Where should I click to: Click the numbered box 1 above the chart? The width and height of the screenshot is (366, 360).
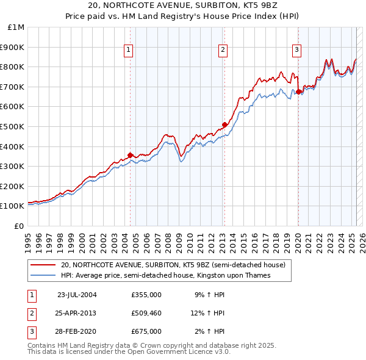pyautogui.click(x=129, y=51)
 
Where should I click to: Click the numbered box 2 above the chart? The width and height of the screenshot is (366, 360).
pyautogui.click(x=223, y=51)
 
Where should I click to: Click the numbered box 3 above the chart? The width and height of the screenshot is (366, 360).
pyautogui.click(x=296, y=51)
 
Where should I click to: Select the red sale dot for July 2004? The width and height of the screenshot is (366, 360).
pyautogui.click(x=130, y=155)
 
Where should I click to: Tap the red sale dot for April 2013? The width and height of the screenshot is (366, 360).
pyautogui.click(x=224, y=124)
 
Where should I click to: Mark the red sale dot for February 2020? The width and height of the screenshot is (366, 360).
pyautogui.click(x=298, y=92)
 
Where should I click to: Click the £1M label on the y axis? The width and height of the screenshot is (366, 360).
pyautogui.click(x=16, y=27)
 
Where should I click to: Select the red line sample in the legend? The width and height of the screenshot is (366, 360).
pyautogui.click(x=44, y=265)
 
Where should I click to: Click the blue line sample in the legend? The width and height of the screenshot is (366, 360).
pyautogui.click(x=44, y=276)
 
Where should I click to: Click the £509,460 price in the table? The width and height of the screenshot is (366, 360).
pyautogui.click(x=146, y=313)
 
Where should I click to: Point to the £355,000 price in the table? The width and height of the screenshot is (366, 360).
pyautogui.click(x=146, y=295)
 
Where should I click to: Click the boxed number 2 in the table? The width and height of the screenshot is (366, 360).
pyautogui.click(x=30, y=313)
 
